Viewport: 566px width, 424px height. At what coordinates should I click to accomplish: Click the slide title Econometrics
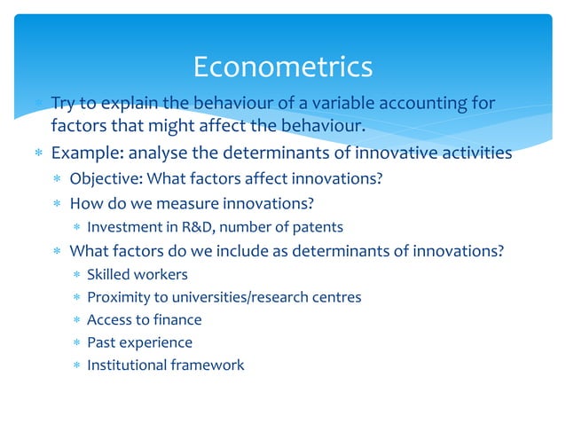pos(282,67)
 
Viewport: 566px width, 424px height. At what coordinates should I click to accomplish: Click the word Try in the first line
pos(65,104)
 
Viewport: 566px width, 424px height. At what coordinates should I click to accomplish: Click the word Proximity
pos(118,297)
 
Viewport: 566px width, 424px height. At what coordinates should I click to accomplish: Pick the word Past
pos(100,342)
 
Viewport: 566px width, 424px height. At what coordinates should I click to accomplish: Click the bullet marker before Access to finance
pos(77,320)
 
